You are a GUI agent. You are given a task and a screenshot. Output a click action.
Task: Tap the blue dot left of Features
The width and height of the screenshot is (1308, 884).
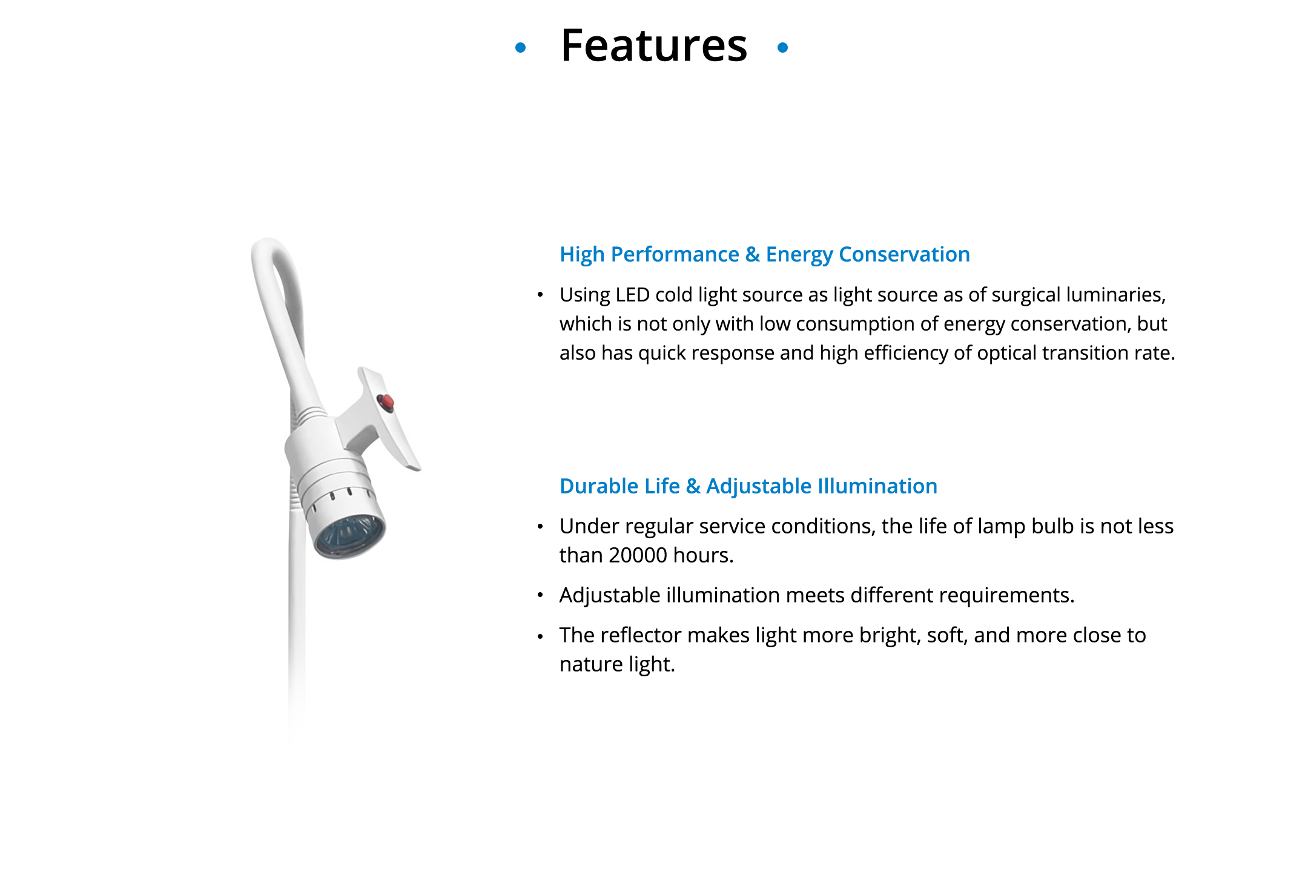point(520,47)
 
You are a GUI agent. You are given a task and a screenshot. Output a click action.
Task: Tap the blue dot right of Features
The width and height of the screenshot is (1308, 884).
point(782,47)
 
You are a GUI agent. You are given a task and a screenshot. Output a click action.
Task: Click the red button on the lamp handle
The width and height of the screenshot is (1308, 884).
point(385,402)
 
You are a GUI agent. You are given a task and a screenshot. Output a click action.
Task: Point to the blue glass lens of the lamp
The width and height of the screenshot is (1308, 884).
point(350,536)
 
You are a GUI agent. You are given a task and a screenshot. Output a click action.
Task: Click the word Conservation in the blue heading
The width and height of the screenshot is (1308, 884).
point(904,254)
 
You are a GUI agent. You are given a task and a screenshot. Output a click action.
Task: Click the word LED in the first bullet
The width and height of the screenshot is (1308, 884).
point(633,295)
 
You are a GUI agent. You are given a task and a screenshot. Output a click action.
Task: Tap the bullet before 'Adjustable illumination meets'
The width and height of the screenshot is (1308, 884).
point(540,596)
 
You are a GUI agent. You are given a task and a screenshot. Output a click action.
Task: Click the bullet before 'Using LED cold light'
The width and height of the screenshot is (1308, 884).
point(540,295)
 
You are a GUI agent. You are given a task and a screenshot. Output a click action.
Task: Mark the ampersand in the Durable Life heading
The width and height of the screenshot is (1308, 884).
point(693,486)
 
